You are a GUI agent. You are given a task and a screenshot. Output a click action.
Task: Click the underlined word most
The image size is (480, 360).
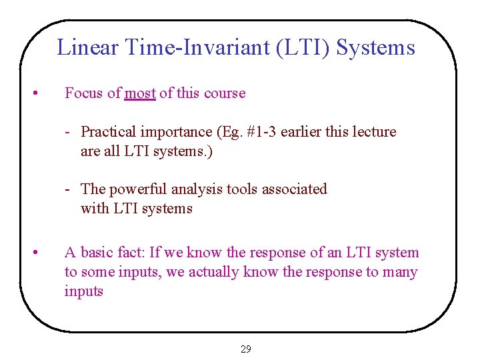140,93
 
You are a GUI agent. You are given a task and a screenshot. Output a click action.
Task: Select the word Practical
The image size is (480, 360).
107,132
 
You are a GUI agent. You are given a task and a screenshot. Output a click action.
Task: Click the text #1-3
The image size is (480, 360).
261,132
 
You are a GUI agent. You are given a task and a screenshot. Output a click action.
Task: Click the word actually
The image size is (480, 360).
214,272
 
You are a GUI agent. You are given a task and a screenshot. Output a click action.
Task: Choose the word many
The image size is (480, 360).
400,272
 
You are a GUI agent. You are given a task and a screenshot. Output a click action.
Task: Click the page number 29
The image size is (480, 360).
245,349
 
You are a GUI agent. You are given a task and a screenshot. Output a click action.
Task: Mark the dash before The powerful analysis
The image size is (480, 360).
69,189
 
